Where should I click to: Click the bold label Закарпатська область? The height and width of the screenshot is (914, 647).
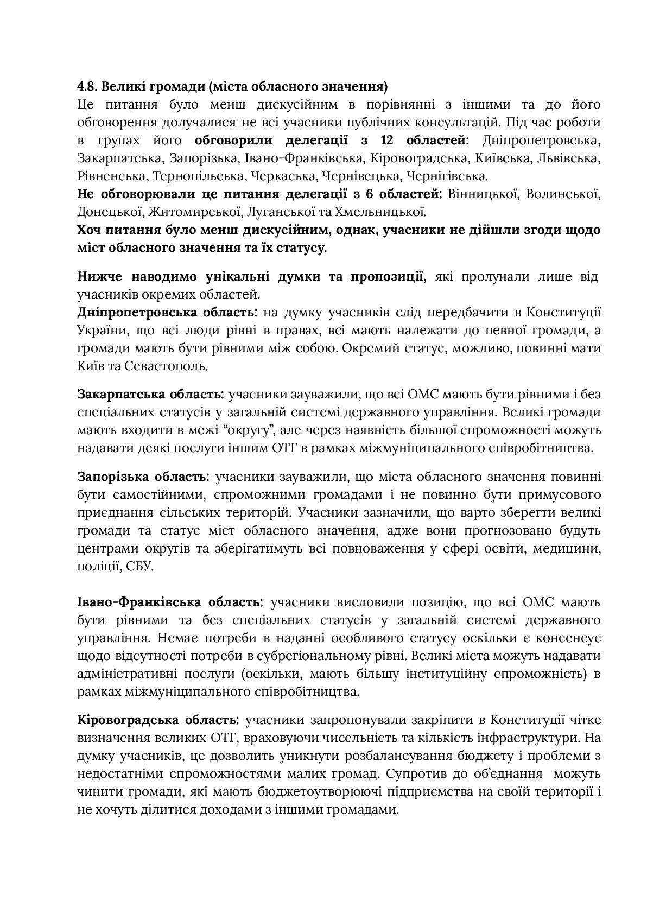point(150,394)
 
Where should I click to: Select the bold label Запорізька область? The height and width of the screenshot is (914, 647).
point(143,477)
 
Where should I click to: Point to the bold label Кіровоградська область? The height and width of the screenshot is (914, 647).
point(158,720)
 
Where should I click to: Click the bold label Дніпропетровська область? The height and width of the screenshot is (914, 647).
point(167,313)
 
